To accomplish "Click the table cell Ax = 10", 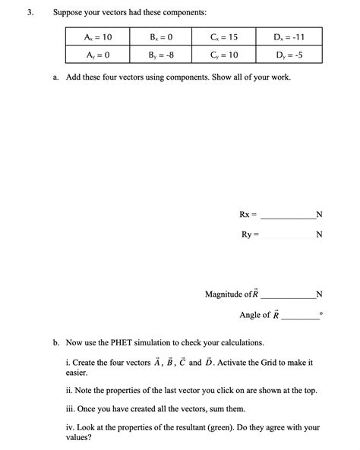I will click(97, 37).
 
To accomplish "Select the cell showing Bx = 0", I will click(162, 37).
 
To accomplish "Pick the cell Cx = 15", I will click(226, 37).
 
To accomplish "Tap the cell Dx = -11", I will click(289, 37).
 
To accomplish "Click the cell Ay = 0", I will click(97, 55).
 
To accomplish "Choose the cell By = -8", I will click(162, 55).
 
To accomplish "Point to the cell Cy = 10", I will click(226, 55).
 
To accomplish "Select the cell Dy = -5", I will click(289, 55).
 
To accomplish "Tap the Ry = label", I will click(250, 234).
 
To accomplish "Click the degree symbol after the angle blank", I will click(321, 313).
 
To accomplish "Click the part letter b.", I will click(56, 343).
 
